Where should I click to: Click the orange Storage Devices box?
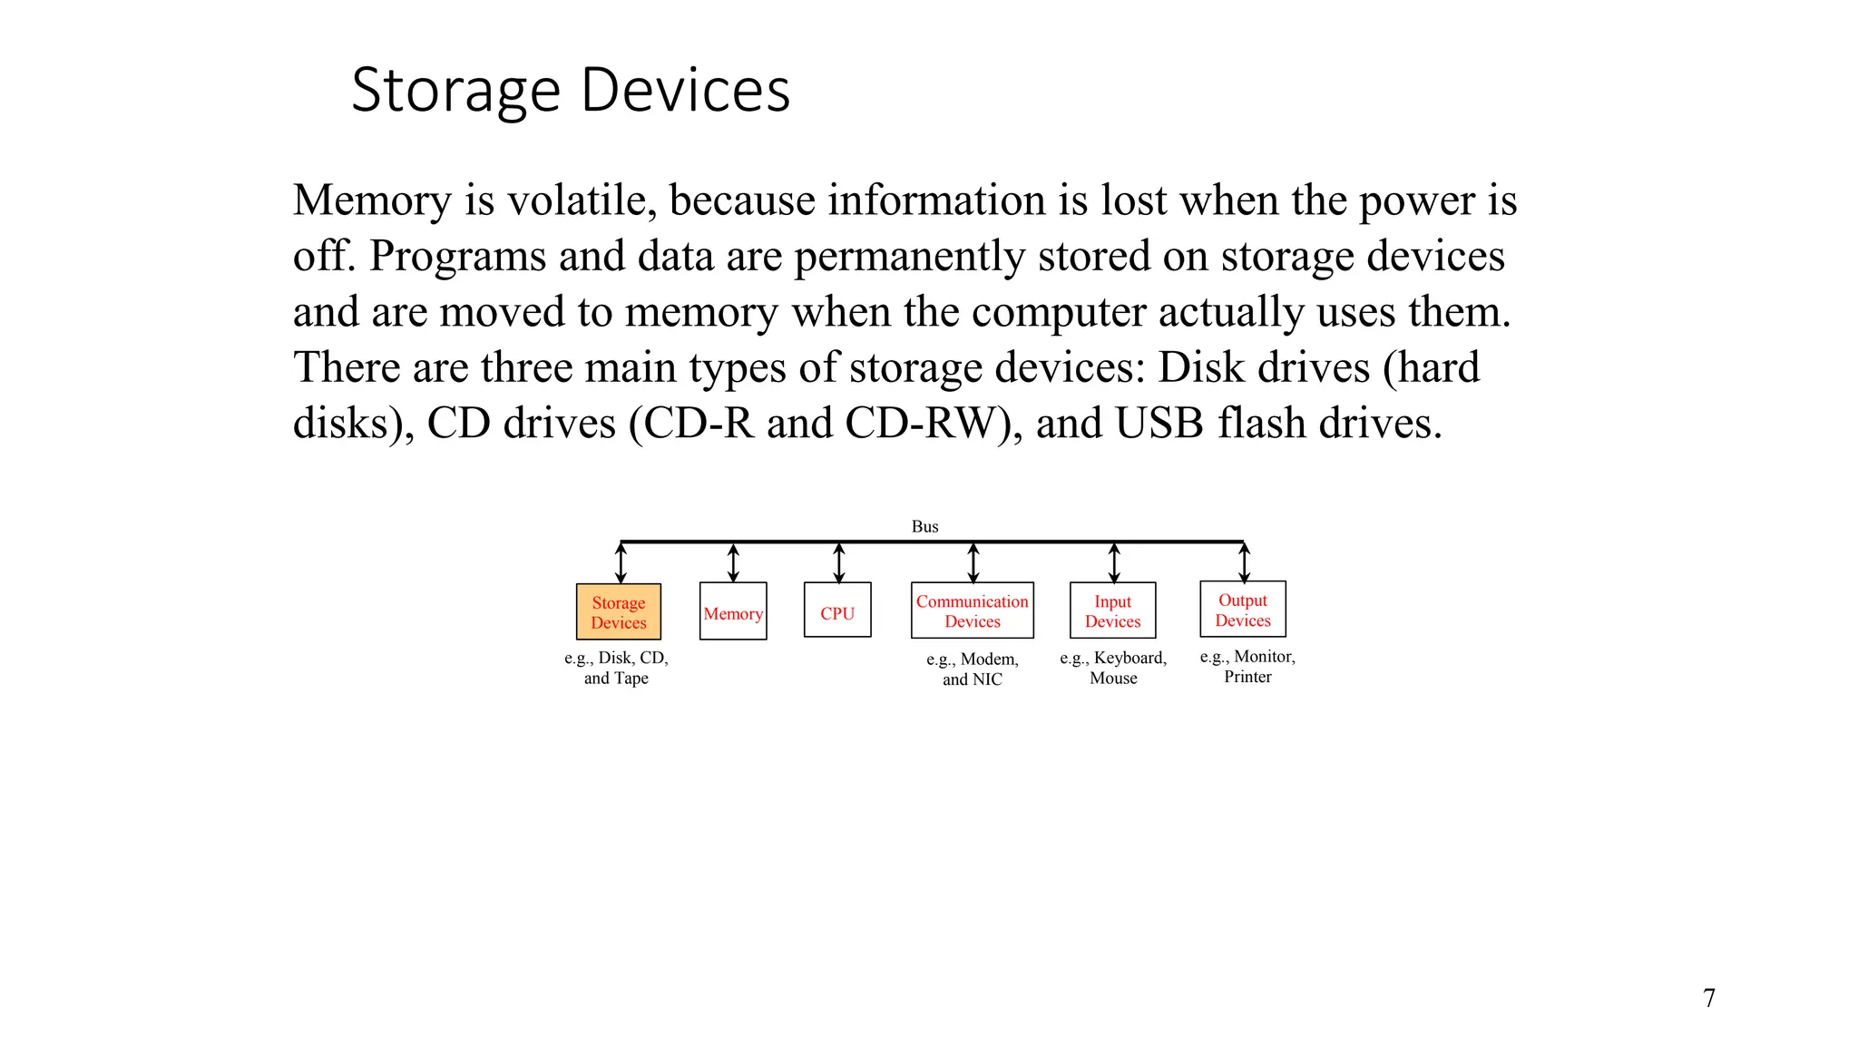click(619, 612)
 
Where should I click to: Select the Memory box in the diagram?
click(733, 612)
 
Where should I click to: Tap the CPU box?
click(837, 610)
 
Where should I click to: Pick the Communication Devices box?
click(973, 610)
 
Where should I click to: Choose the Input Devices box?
click(1112, 610)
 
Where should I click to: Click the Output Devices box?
click(1243, 610)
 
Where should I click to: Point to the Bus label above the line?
click(924, 526)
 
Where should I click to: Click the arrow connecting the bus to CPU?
click(839, 562)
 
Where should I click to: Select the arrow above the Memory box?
click(733, 562)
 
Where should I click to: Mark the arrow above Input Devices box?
click(1114, 562)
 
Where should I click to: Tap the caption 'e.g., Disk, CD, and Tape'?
click(616, 668)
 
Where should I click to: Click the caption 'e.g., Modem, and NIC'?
click(973, 669)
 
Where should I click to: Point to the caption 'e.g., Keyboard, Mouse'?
click(1113, 668)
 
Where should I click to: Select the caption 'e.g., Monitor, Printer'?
click(1247, 666)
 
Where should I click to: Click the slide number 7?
click(1709, 998)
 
